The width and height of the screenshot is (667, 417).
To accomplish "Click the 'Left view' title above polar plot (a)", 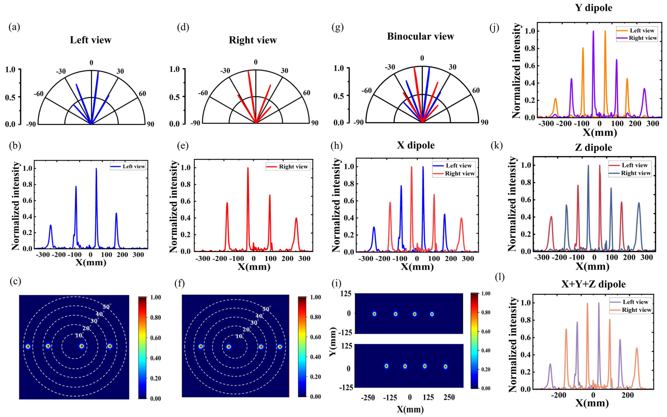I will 90,40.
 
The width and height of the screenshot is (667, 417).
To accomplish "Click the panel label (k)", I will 497,145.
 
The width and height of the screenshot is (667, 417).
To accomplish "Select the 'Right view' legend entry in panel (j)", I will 637,38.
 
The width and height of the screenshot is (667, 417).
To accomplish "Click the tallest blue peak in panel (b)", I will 96,169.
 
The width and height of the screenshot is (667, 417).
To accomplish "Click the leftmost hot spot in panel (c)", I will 28,346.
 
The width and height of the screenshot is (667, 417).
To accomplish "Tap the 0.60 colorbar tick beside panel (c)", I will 155,338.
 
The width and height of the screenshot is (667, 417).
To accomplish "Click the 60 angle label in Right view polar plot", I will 306,93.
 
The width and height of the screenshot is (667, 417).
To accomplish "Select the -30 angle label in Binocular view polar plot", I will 390,67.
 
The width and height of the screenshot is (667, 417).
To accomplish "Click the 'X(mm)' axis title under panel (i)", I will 410,409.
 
